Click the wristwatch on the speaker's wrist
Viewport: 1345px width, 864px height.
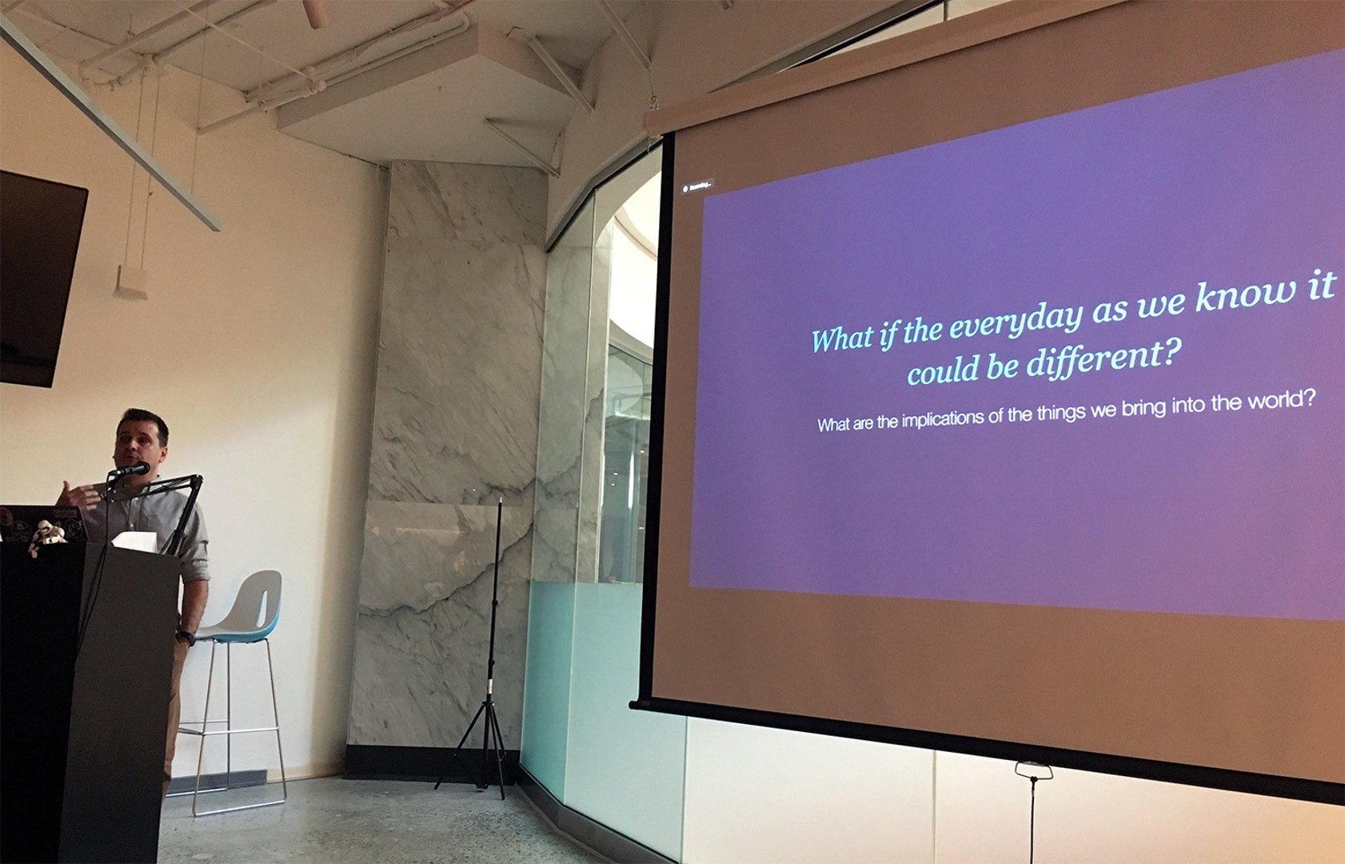pos(186,637)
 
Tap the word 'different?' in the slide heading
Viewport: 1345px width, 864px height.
pos(1104,359)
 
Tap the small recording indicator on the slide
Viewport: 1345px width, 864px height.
pos(696,188)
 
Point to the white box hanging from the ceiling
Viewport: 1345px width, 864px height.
pos(130,282)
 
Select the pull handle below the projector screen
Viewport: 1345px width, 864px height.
pos(1033,770)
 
